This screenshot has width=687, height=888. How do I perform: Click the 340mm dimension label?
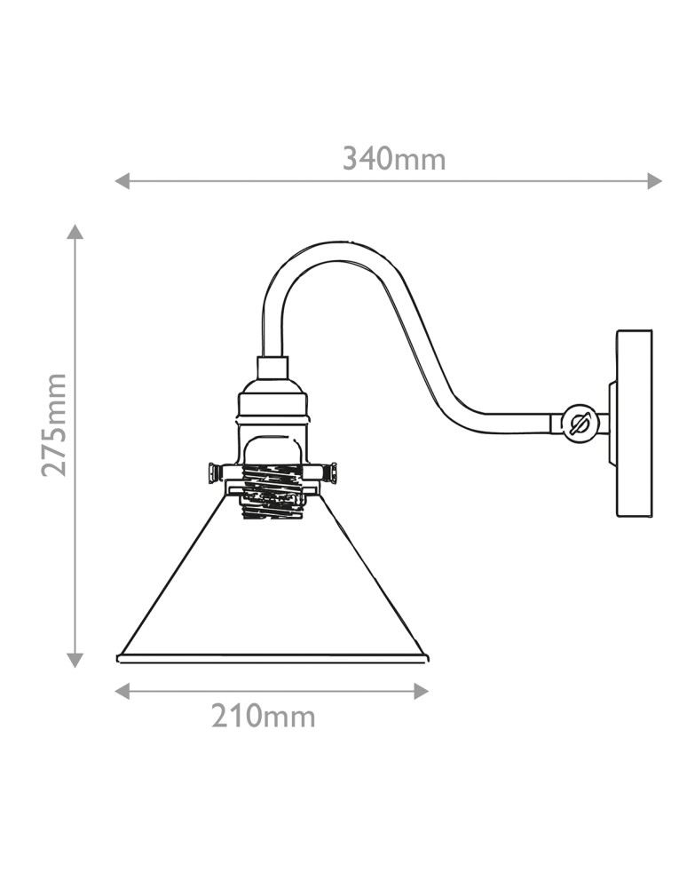pos(394,159)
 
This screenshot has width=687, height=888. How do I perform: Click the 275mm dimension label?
pos(54,424)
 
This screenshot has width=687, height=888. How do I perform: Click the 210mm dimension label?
pos(263,717)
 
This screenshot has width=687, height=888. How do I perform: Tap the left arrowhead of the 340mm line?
pos(122,181)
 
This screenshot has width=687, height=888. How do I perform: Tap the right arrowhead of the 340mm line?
pos(655,181)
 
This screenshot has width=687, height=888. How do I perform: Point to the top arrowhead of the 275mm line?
pos(75,231)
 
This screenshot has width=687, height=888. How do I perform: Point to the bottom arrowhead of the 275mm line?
pos(75,661)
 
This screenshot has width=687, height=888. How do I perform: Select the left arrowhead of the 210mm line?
pos(122,691)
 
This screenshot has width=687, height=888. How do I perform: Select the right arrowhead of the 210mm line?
pos(422,691)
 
